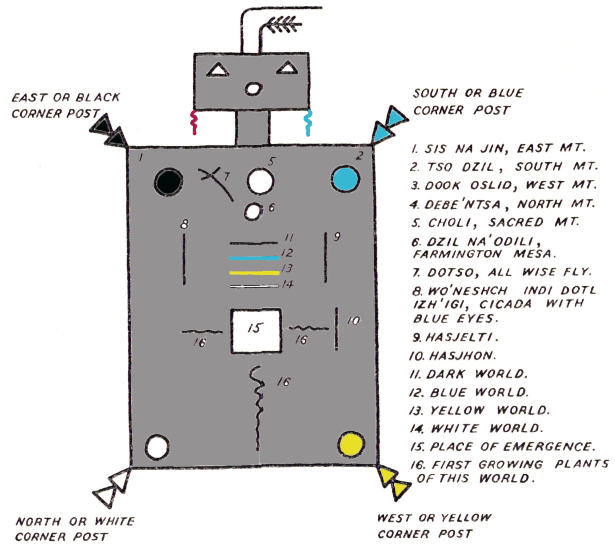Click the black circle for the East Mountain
(168, 182)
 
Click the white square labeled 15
(256, 331)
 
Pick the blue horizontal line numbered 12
(254, 258)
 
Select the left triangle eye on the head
(218, 70)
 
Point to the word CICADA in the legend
(505, 305)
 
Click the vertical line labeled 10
(336, 329)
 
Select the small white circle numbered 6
(252, 212)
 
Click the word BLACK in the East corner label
(98, 97)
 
